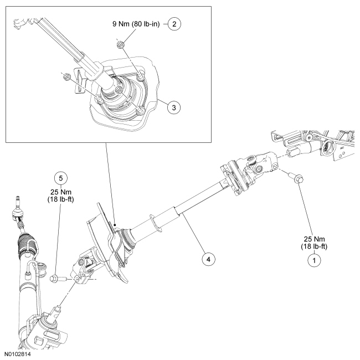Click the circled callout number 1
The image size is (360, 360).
click(313, 259)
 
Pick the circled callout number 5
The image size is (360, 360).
click(61, 178)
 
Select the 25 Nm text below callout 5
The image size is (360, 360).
click(61, 194)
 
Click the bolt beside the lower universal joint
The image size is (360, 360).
click(58, 277)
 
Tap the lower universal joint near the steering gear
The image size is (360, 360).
click(86, 266)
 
